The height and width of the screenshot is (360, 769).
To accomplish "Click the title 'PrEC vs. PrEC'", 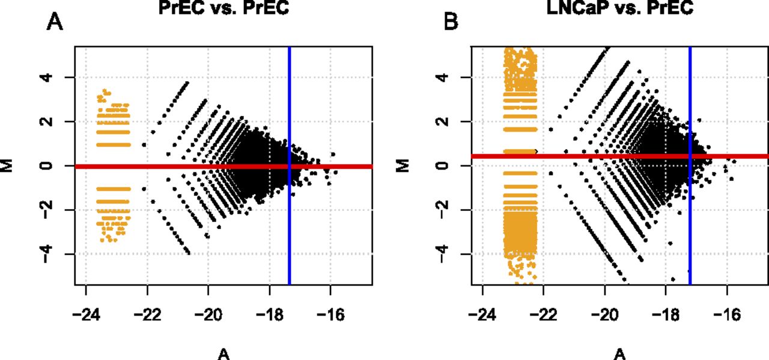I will point(223,8).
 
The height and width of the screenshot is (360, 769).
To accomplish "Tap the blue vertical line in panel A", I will point(290,228).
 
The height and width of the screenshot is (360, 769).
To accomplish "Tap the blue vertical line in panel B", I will point(690,228).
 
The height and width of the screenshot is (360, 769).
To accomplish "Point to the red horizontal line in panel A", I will point(180,166).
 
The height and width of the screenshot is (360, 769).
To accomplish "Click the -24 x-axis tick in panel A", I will point(86,315).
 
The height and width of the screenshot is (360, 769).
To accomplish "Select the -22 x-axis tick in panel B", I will point(543,315).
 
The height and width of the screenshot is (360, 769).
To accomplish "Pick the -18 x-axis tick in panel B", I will point(666,315).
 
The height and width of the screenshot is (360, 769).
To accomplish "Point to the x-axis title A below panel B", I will point(619,355).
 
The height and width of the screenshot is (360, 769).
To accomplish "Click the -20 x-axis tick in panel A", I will point(208,315).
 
